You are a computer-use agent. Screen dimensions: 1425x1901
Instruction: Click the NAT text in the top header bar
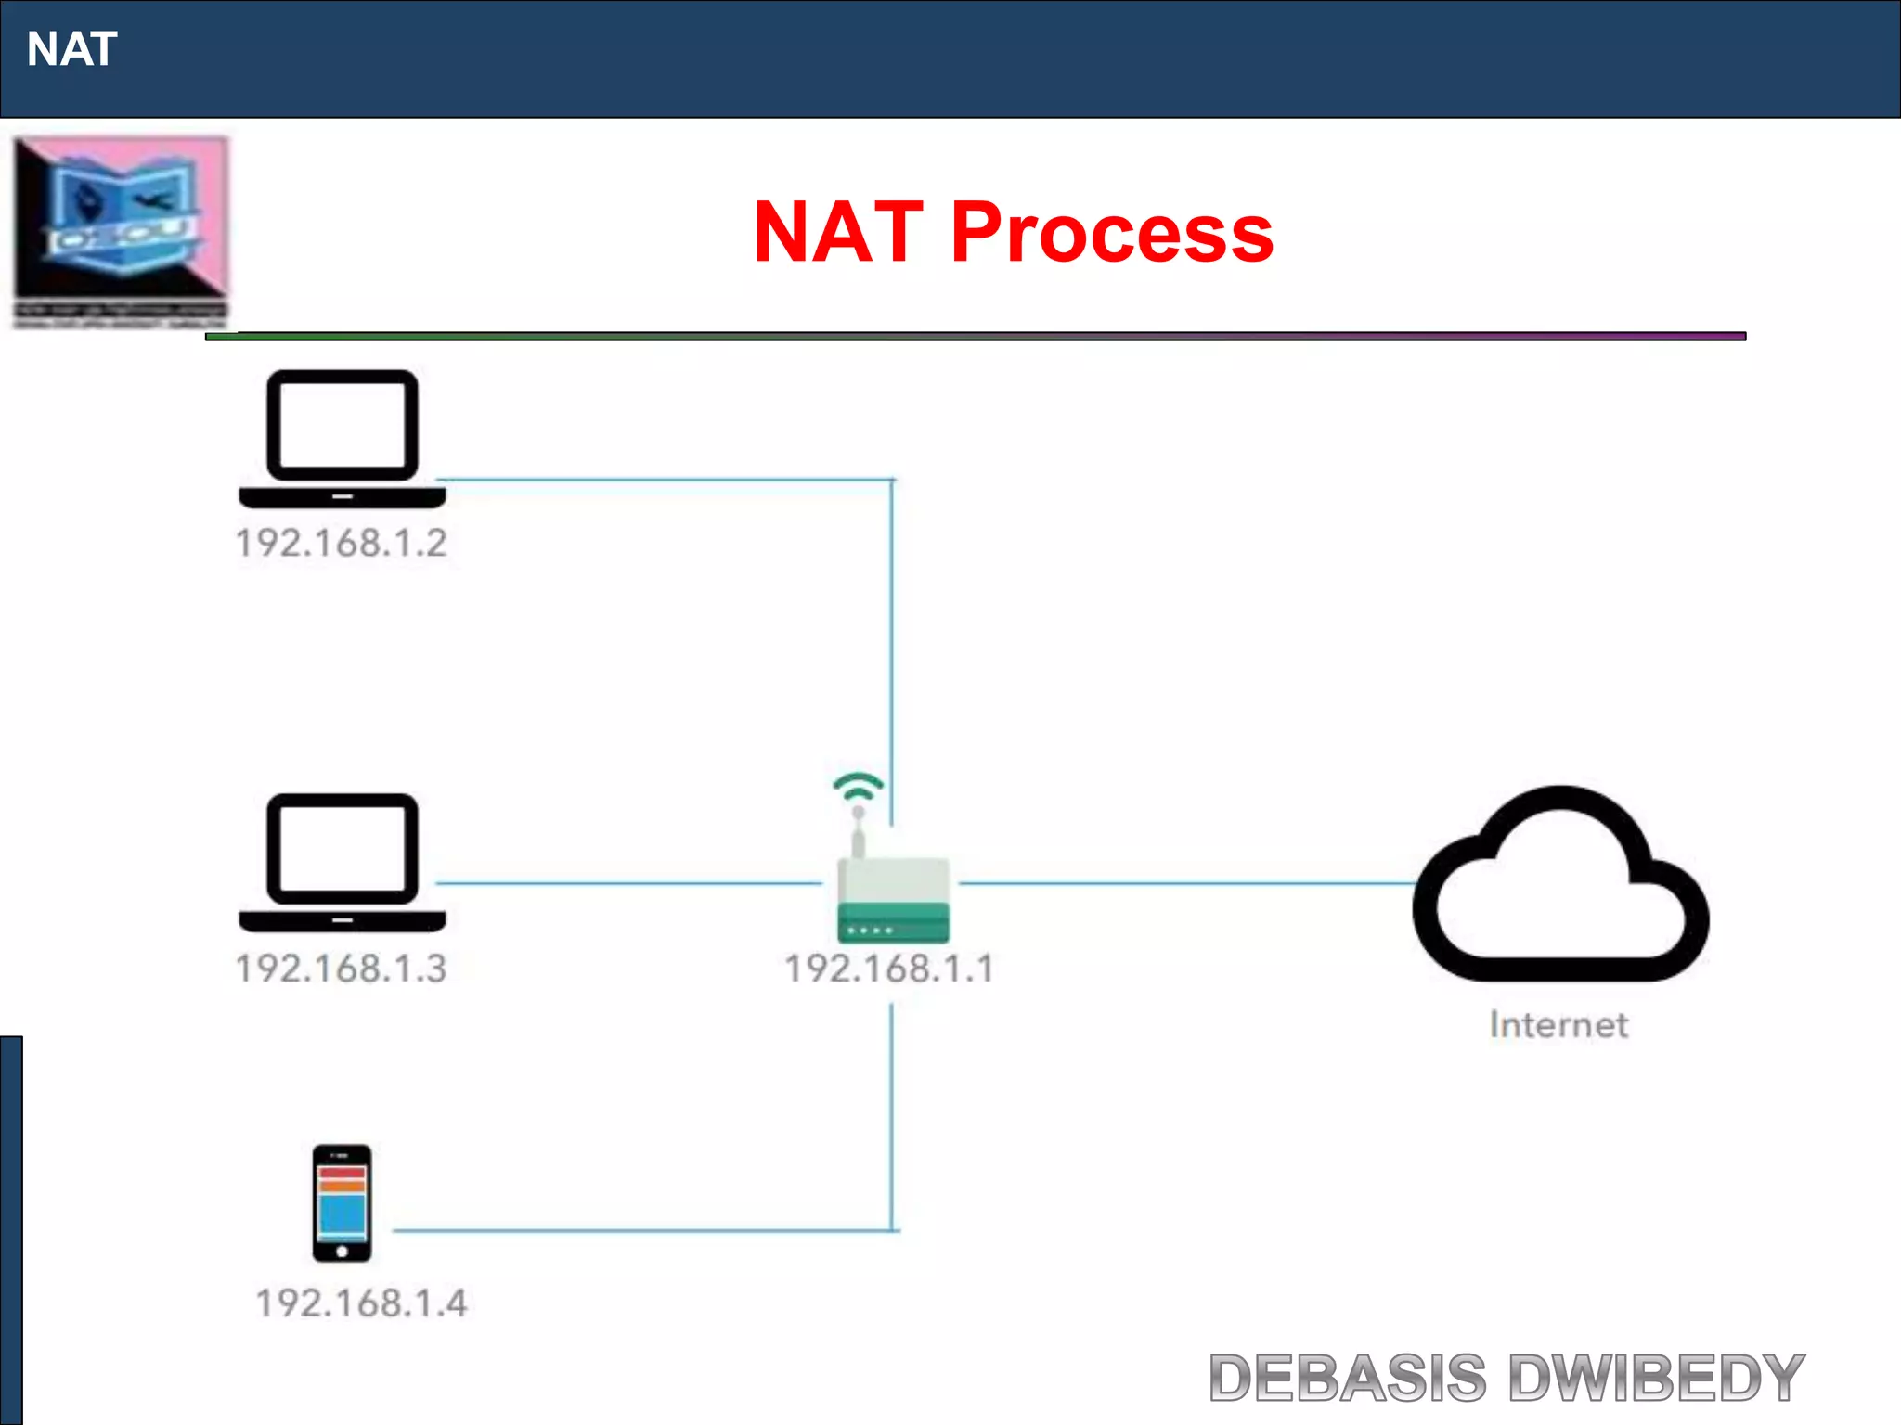tap(72, 49)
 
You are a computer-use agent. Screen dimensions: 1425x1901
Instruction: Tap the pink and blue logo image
tap(121, 230)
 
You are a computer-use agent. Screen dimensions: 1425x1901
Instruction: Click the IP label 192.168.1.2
tap(341, 543)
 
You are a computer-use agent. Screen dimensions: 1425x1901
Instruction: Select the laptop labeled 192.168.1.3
tap(342, 862)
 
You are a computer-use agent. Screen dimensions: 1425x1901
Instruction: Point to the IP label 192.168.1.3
tap(341, 969)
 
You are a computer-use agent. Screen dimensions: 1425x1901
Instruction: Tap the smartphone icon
tap(342, 1202)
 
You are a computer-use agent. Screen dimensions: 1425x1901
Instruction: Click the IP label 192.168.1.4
tap(361, 1303)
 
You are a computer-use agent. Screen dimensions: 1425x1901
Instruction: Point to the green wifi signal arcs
tap(858, 786)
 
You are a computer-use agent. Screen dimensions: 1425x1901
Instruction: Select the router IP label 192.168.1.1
tap(889, 969)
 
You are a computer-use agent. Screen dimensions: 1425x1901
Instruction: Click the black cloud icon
tap(1560, 886)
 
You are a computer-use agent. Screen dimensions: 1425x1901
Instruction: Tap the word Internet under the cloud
tap(1558, 1025)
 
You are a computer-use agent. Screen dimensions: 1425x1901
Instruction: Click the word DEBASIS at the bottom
tap(1347, 1378)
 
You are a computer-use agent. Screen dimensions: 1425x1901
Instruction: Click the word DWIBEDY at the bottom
tap(1656, 1378)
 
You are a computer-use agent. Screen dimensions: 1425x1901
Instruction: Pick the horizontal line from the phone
tap(640, 1231)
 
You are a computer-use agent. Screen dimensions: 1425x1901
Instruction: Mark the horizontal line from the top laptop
tap(664, 480)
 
